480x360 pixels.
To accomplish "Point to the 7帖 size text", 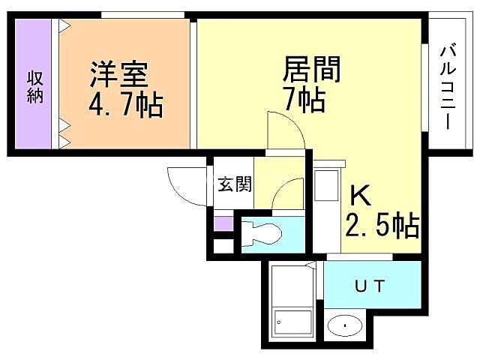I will point(304,99).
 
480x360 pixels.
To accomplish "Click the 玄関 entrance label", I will point(234,184).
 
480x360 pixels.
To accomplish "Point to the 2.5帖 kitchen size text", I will point(382,224).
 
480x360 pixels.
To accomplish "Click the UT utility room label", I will point(370,286).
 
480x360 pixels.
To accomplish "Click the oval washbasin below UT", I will point(344,326).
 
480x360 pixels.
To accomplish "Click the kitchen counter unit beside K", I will point(326,211).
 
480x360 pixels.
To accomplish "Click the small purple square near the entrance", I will point(223,223).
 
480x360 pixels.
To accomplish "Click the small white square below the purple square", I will point(223,244).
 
